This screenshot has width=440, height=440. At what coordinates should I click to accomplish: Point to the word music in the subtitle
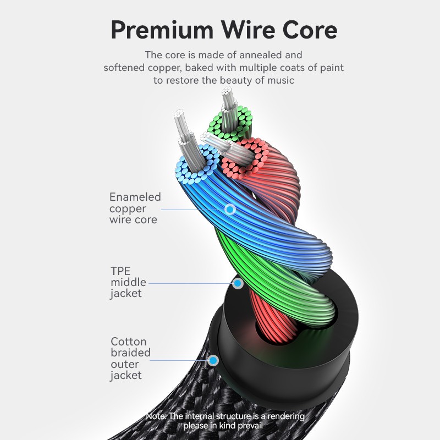[280, 80]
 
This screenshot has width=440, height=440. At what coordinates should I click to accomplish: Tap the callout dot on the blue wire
[230, 209]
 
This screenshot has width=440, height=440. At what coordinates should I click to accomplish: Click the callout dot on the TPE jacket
[238, 284]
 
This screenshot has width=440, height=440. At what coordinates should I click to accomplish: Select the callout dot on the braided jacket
[212, 361]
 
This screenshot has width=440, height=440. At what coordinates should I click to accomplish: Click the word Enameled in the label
[135, 197]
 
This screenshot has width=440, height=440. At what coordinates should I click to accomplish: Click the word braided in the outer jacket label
[130, 353]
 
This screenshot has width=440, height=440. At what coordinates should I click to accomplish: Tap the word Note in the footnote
[156, 416]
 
